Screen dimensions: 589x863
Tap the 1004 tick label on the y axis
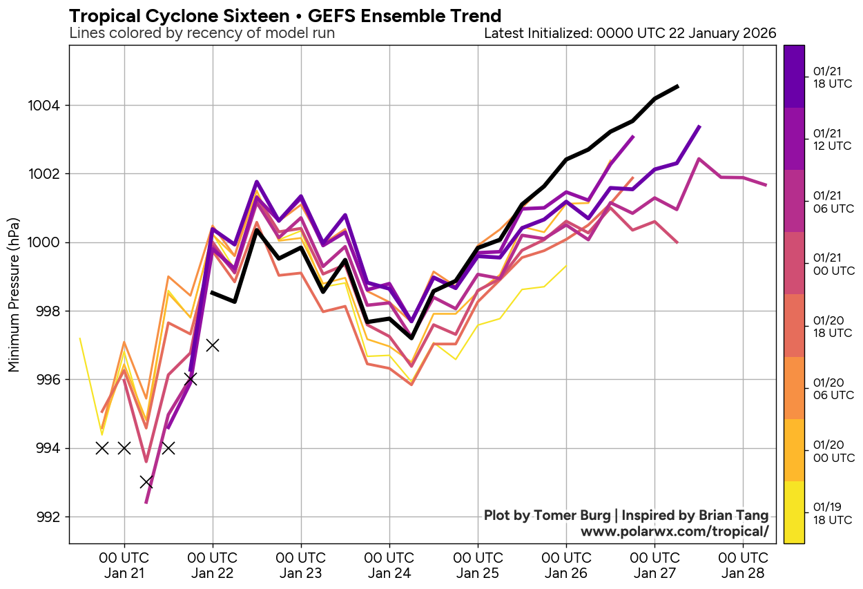[x=47, y=106]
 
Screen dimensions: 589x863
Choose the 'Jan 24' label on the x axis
[x=389, y=573]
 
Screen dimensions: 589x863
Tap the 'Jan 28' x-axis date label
[x=743, y=573]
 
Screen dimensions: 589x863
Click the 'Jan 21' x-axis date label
[x=124, y=573]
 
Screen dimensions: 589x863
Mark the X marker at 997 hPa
[x=213, y=345]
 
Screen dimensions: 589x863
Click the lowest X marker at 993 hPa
[x=146, y=482]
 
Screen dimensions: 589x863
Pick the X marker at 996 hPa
[x=191, y=379]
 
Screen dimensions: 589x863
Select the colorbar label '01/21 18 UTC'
[x=832, y=77]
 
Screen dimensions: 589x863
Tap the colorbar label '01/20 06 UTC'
[x=832, y=389]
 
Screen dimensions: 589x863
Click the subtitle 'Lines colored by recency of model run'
[x=202, y=33]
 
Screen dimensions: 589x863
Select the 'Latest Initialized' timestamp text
[x=630, y=33]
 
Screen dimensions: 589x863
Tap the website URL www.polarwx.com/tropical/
[x=674, y=531]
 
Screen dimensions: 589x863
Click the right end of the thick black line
[x=678, y=86]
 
